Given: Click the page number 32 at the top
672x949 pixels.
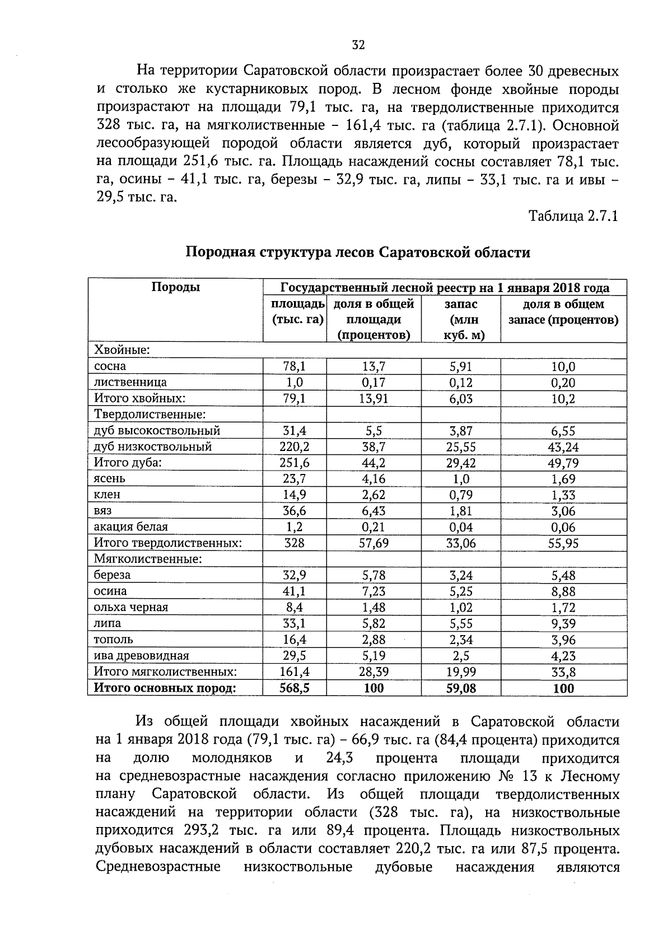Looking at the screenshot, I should pos(358,45).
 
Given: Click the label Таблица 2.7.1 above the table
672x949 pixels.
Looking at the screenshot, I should pos(573,216).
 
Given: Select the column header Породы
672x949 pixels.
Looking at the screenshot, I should pos(175,288).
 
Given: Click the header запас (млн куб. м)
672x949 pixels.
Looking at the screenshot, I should pos(461,320).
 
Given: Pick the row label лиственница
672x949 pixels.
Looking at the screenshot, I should pos(130,383).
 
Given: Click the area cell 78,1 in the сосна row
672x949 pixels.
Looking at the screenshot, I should pos(295,367).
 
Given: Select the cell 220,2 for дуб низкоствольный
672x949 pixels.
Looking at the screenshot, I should pos(295,447).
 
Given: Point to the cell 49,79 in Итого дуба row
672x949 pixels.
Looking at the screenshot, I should pos(563,463).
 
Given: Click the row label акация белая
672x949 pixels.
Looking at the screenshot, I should pos(130,527).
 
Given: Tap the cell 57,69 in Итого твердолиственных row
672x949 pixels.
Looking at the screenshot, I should pos(374,543).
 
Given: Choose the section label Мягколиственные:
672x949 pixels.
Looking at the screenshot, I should pos(148,559).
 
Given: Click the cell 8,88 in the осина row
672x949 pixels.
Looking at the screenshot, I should pos(563,591).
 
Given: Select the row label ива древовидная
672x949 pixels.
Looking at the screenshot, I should pos(141,656).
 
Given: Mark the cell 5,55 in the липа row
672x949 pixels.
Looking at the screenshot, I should pos(461,624).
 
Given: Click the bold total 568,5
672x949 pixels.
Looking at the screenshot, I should pos(295,688).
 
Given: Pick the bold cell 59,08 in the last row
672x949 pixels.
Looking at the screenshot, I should pos(461,688).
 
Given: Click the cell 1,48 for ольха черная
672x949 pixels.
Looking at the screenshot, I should pos(374,608).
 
